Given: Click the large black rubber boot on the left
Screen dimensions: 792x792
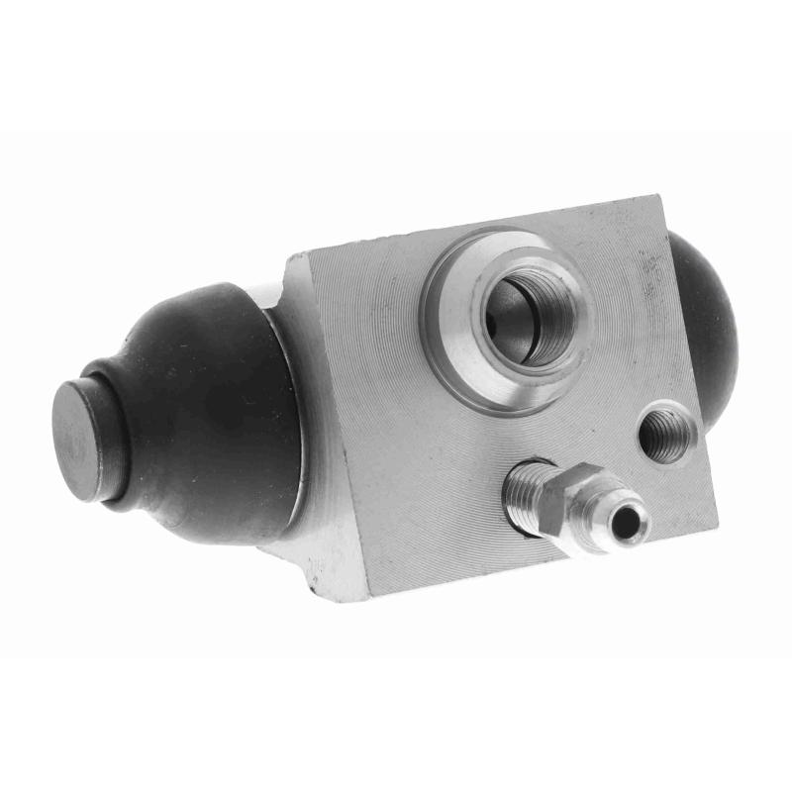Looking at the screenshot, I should tap(208, 416).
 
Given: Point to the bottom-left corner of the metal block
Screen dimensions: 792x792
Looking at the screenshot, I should tap(369, 600).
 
